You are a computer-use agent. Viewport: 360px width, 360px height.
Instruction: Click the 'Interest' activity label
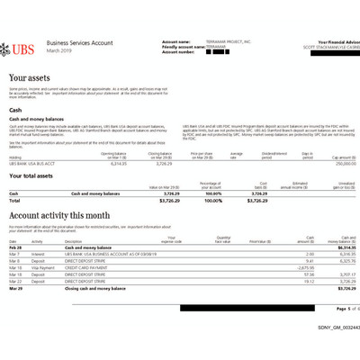click(38, 254)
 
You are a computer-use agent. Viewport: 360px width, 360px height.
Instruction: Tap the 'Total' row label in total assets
click(14, 200)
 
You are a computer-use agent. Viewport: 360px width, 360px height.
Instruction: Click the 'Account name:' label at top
click(175, 40)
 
